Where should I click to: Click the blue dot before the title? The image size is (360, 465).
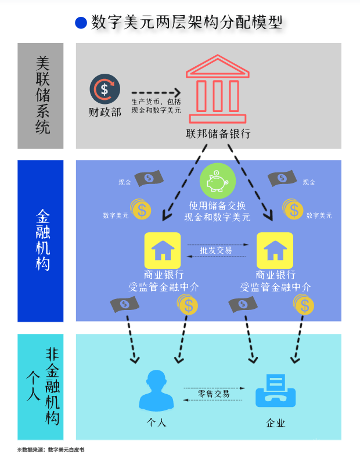81,23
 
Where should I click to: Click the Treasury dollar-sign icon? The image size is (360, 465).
105,89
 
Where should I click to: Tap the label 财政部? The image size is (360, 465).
105,111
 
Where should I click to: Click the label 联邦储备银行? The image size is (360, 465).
218,134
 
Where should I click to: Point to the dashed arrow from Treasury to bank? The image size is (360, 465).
156,93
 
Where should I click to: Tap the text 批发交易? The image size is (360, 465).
216,250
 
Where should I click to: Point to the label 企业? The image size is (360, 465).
276,423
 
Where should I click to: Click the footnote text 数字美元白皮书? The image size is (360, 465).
66,449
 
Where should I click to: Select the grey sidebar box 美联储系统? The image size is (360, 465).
40,96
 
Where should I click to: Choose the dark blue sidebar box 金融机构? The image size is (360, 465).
40,241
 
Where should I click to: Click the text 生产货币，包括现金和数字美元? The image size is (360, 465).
156,106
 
